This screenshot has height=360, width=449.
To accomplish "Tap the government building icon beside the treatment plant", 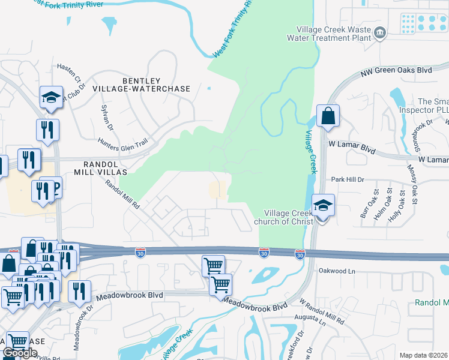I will pyautogui.click(x=379, y=32).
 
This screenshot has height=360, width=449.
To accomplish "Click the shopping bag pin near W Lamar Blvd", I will pyautogui.click(x=328, y=116).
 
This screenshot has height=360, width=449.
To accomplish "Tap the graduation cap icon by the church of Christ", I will pyautogui.click(x=323, y=206).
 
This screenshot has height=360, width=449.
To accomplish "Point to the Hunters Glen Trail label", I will pyautogui.click(x=122, y=143).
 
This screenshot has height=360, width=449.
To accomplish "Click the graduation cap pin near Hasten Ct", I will pyautogui.click(x=52, y=98).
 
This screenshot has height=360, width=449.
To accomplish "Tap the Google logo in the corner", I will pyautogui.click(x=20, y=353).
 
